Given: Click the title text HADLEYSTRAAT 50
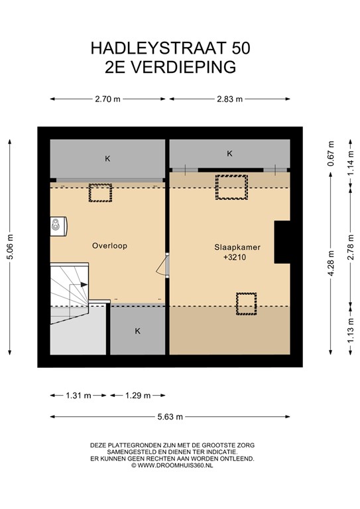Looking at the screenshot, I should pos(170,48).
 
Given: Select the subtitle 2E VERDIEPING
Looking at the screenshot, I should pos(170,66).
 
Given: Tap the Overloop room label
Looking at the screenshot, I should pos(109,245).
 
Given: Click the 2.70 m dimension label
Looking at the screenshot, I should pos(107,99).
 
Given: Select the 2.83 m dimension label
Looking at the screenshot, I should pos(229,99).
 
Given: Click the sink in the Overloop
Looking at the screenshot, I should pos(58,225).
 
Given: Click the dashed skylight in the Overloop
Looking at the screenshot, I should pos(101,193).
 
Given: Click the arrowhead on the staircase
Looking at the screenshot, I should pos(84,284).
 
